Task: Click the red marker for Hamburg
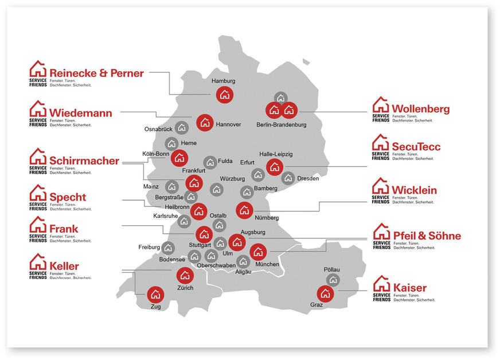224,95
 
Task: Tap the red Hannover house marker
205,122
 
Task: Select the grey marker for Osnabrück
182,127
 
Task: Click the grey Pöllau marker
333,280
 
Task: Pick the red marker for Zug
155,295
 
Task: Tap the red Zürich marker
184,276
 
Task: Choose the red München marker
258,251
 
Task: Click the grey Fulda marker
210,162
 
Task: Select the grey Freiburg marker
168,248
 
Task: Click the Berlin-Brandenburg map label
282,124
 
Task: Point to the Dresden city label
308,178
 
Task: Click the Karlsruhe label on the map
166,216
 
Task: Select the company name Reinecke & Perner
96,73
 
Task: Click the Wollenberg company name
420,109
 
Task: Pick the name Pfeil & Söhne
427,236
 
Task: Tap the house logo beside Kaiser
381,284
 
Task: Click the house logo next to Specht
38,193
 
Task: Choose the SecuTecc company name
416,147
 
